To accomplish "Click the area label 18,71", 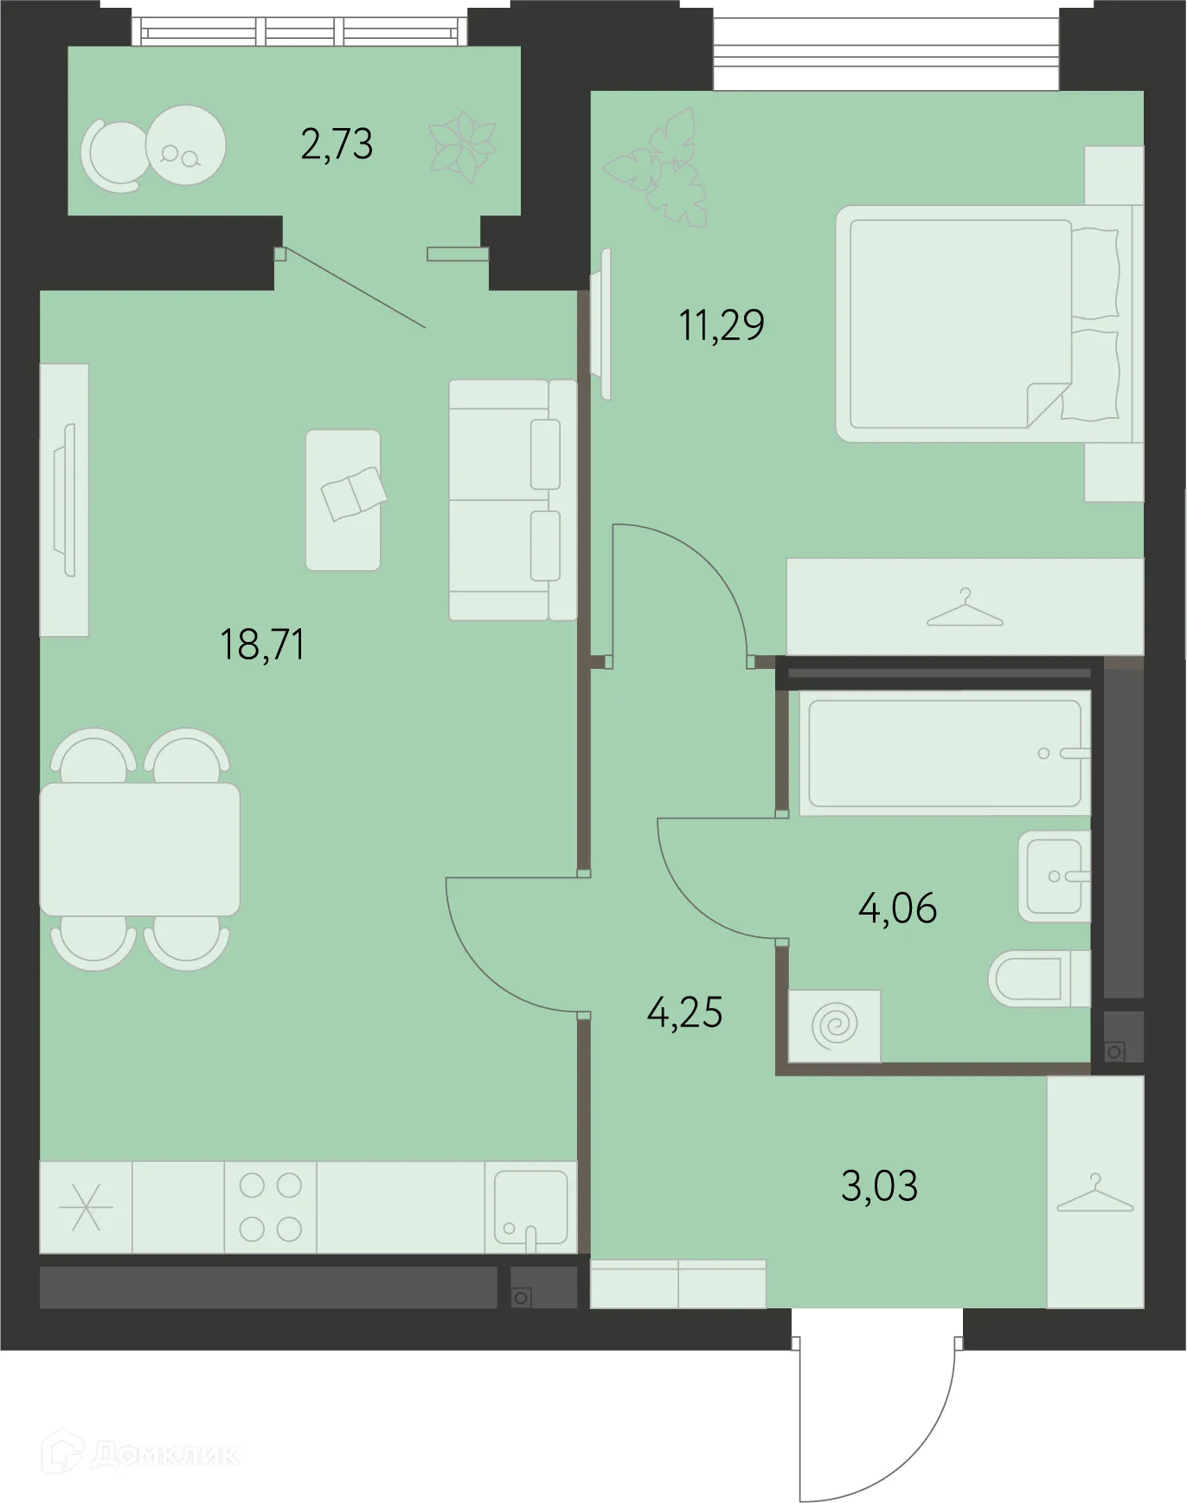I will [262, 645].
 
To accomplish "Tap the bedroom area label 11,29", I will [722, 325].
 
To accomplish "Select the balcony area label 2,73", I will [337, 144].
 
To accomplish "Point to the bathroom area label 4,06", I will [897, 909].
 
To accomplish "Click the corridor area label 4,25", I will [684, 1012].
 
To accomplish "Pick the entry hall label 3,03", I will [879, 1185].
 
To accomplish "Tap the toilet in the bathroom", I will [1038, 979].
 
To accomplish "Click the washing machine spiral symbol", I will [835, 1026].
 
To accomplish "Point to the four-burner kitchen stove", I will [270, 1207].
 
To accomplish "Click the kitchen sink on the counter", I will [530, 1208].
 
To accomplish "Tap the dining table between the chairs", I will [139, 849].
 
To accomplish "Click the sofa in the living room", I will [512, 500].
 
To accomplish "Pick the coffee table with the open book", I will [343, 500].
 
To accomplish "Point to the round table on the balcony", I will [185, 145].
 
